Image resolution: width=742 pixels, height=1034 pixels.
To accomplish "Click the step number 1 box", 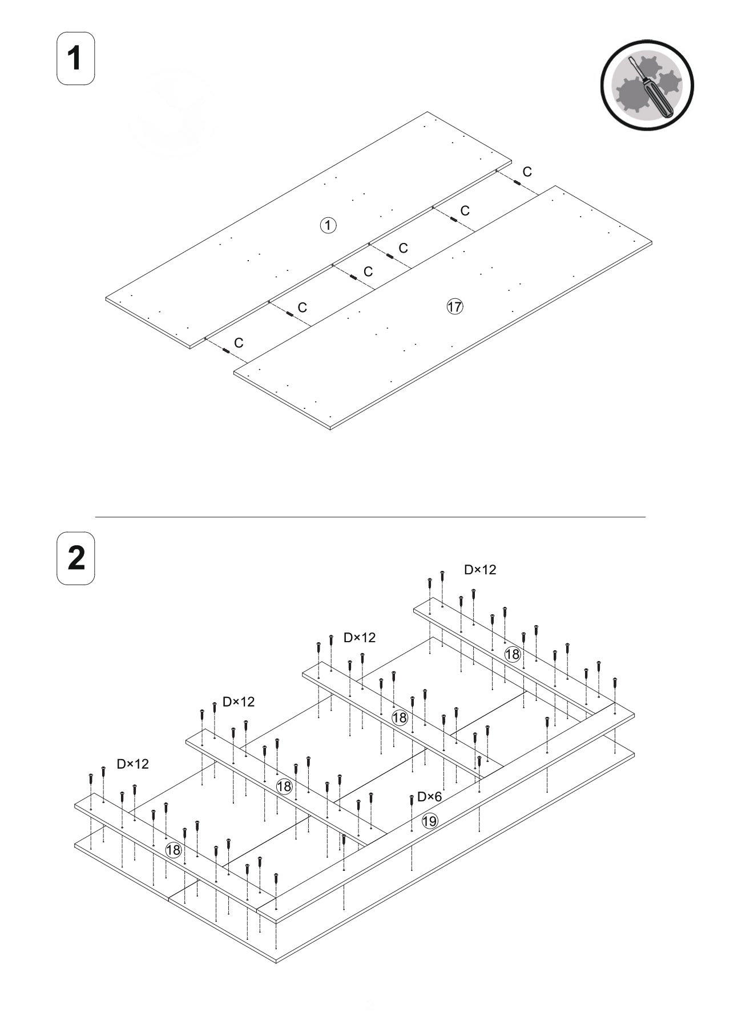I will pyautogui.click(x=75, y=59).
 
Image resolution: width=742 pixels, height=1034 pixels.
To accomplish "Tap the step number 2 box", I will pyautogui.click(x=75, y=558).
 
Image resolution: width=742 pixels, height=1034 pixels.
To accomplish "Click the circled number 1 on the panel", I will pyautogui.click(x=328, y=225).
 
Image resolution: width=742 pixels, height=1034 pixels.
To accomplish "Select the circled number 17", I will pyautogui.click(x=454, y=307).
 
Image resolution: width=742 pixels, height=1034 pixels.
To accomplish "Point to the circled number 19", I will pyautogui.click(x=429, y=821).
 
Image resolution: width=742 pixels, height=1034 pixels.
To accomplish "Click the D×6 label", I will pyautogui.click(x=429, y=797).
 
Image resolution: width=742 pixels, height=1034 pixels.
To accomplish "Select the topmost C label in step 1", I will pyautogui.click(x=527, y=172).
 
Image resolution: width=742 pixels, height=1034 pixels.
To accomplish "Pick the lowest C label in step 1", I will pyautogui.click(x=239, y=343).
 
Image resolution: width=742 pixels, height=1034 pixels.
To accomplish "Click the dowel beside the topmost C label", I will pyautogui.click(x=517, y=183).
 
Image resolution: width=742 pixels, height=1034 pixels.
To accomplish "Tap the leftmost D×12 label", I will pyautogui.click(x=132, y=764).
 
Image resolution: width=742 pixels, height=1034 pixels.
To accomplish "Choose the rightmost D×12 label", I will pyautogui.click(x=479, y=570).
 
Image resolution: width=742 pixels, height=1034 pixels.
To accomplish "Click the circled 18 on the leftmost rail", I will pyautogui.click(x=173, y=850).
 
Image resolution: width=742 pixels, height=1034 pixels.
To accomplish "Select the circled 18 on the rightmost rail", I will pyautogui.click(x=512, y=654).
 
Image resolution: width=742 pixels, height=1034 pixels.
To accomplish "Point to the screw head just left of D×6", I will pyautogui.click(x=412, y=798).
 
